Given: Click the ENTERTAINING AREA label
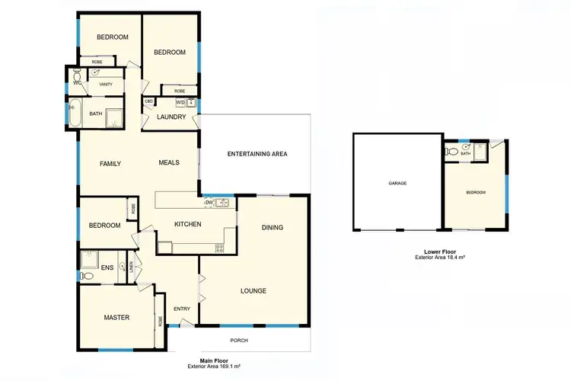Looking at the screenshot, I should [x=257, y=154].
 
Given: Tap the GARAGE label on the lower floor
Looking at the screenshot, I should [x=397, y=184].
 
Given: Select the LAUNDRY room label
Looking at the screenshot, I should [x=171, y=117].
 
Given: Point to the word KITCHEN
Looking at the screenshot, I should [x=187, y=224].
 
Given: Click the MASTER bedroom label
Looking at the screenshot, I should [x=117, y=317].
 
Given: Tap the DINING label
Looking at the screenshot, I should [x=273, y=227].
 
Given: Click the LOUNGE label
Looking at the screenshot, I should [x=253, y=290].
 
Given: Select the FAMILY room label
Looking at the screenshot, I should [x=111, y=163].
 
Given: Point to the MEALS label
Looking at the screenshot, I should [x=168, y=162].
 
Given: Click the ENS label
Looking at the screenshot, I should [x=107, y=267].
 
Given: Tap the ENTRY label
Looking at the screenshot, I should [x=182, y=309].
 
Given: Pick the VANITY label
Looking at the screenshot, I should [x=106, y=84].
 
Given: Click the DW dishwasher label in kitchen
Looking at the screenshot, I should [x=207, y=203].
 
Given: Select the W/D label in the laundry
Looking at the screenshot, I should [x=180, y=102].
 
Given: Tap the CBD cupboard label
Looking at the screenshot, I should [x=149, y=101].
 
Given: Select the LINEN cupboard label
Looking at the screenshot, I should [x=132, y=268].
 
